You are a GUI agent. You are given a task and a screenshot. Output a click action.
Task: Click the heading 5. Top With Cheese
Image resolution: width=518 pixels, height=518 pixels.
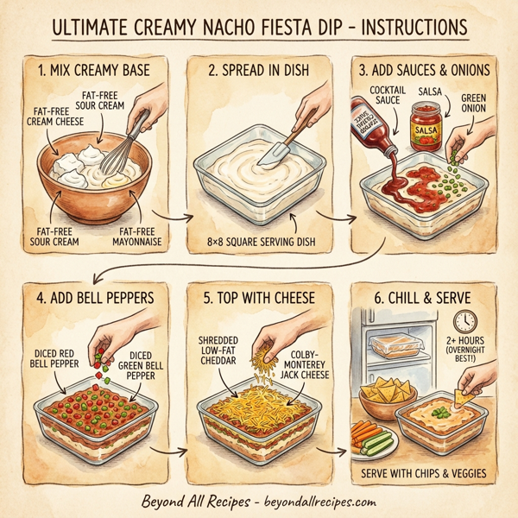tap(258, 299)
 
